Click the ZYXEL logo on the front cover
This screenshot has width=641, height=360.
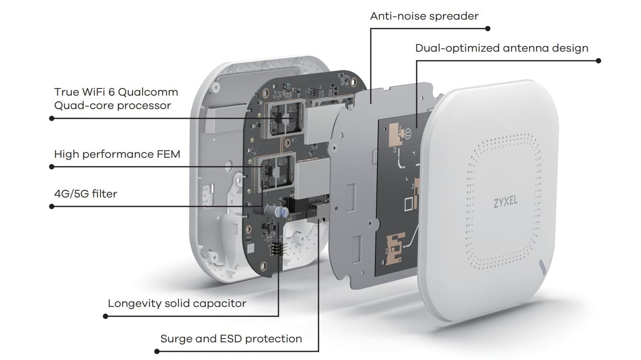coord(505,202)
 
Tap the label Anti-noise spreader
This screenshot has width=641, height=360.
coord(424,16)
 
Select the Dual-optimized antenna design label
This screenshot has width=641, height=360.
coord(501,48)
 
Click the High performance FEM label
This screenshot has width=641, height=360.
coord(117,154)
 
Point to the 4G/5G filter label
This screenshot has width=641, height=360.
coord(86,194)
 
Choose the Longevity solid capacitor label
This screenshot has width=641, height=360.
coord(177,303)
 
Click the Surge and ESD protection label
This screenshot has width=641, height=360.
coord(231,338)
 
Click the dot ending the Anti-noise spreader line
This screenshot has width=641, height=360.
coord(487,29)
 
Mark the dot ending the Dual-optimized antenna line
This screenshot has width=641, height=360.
coord(598,61)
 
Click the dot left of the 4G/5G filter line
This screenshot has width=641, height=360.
coord(52,207)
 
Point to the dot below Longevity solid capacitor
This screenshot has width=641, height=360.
coord(105,316)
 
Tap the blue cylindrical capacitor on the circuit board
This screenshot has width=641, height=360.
coord(284,211)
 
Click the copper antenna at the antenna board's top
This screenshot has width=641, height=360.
coord(398,132)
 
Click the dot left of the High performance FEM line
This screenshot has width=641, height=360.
coord(52,167)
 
